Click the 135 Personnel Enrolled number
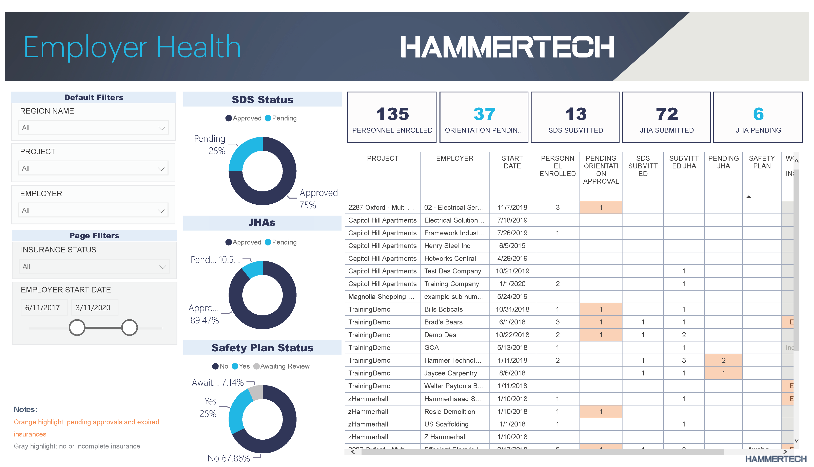coord(392,114)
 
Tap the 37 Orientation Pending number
coord(484,114)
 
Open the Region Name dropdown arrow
coord(161,128)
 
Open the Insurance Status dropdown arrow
coord(162,267)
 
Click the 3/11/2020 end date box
coord(93,308)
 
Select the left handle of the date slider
coord(77,327)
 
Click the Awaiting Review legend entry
coord(281,366)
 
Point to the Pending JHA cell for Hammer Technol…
coord(723,360)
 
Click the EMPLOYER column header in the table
coord(454,158)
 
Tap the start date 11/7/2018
coord(512,208)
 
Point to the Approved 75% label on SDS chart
coord(318,199)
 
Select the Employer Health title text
coord(132,47)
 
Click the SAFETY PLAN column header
coord(761,162)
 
